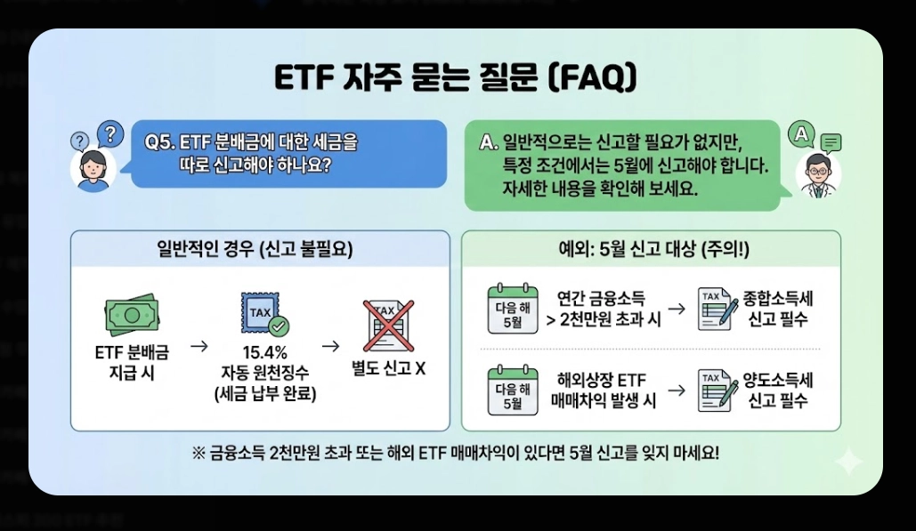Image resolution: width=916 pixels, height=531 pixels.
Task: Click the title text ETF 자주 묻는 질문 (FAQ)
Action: (455, 78)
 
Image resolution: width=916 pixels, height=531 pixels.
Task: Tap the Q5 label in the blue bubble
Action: (160, 142)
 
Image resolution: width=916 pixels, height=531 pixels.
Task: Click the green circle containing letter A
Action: (802, 135)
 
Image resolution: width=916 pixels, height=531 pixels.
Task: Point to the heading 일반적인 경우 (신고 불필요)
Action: (255, 250)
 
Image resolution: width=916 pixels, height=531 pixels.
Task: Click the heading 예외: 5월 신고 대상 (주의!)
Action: (650, 250)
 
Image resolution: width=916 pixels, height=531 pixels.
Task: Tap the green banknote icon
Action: (131, 314)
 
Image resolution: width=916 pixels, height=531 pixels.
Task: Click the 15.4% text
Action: (264, 352)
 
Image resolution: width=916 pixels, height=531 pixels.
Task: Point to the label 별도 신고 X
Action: (388, 367)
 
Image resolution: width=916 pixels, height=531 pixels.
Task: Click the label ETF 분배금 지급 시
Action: (131, 362)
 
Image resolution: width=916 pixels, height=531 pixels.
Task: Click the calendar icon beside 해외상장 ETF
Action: (512, 390)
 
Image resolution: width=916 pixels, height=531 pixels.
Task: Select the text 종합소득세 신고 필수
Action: (780, 309)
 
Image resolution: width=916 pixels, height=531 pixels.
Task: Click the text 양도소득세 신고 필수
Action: (780, 390)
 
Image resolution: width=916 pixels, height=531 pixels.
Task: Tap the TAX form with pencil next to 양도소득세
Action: (717, 390)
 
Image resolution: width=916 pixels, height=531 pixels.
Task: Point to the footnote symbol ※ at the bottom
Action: (198, 452)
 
